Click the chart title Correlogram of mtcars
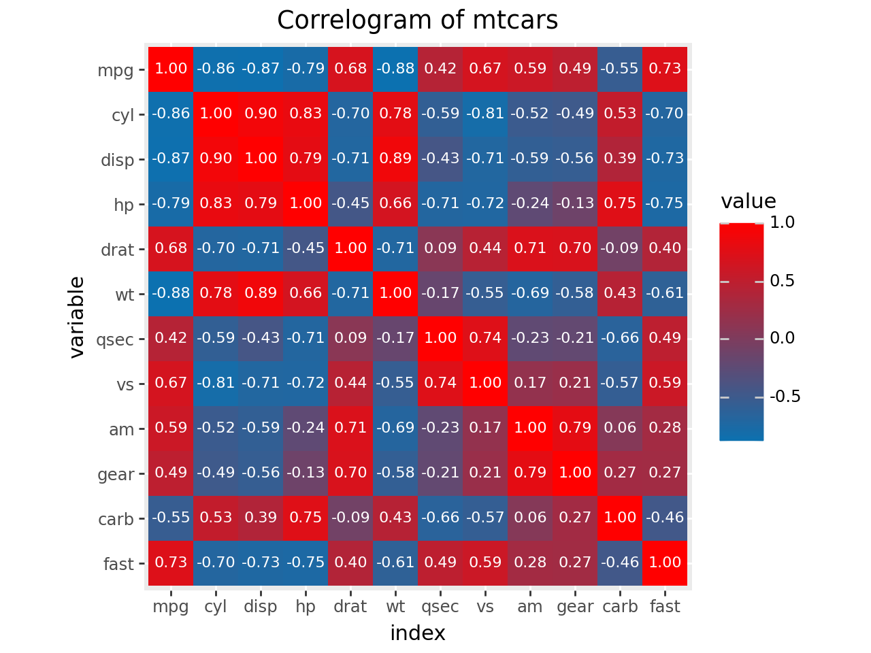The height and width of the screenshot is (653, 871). (417, 20)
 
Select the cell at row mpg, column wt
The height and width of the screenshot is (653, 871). (395, 69)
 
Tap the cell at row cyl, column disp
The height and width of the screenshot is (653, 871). (261, 114)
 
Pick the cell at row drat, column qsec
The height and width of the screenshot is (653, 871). (440, 248)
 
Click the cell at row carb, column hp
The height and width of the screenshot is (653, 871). (306, 518)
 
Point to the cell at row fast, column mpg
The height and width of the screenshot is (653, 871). (171, 563)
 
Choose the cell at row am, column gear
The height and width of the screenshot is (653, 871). (575, 428)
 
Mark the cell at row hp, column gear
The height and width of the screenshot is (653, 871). (575, 203)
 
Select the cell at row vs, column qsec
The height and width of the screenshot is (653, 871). (440, 383)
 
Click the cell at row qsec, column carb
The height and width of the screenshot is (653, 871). (620, 338)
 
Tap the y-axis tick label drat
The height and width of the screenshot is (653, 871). (117, 250)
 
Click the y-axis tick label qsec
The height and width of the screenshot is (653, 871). (115, 339)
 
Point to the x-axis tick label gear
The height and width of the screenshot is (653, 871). (575, 606)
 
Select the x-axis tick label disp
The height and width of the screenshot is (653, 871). (261, 606)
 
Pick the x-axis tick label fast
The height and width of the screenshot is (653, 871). (665, 606)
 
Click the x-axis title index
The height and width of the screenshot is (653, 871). (417, 633)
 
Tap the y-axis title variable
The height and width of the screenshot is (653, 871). (77, 317)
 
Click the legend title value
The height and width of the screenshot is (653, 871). (748, 201)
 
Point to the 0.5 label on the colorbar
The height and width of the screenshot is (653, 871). (782, 281)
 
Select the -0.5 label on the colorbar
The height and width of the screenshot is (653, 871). (785, 397)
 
